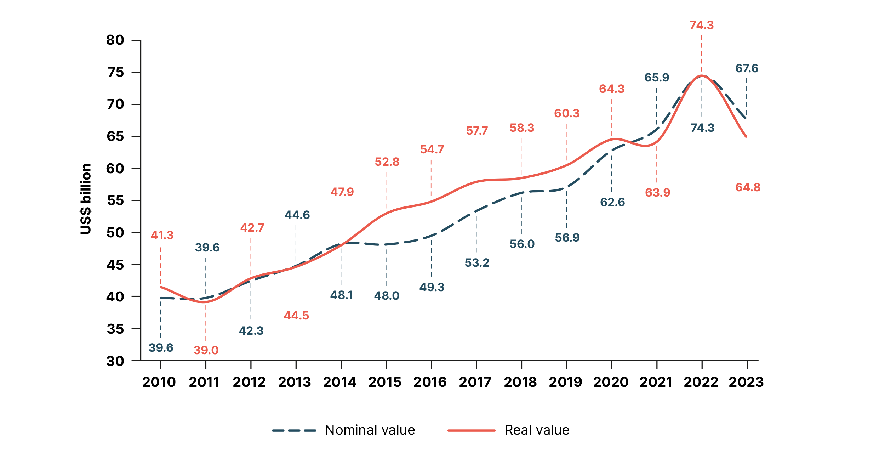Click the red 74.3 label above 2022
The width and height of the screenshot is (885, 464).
pyautogui.click(x=701, y=25)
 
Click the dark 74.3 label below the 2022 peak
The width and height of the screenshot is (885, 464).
pyautogui.click(x=702, y=128)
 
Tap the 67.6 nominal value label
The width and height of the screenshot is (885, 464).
pyautogui.click(x=747, y=68)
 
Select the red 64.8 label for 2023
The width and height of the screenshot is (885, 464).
pyautogui.click(x=748, y=187)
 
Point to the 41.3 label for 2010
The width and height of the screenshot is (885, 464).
pyautogui.click(x=162, y=235)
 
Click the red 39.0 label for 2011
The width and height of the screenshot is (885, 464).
pyautogui.click(x=206, y=350)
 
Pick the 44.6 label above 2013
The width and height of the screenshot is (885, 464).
pyautogui.click(x=297, y=215)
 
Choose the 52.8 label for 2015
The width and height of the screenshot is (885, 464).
pyautogui.click(x=387, y=162)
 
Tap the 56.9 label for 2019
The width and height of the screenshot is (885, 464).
pyautogui.click(x=567, y=237)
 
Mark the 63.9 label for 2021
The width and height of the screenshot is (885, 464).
pyautogui.click(x=657, y=192)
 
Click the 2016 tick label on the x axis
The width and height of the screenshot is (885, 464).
pyautogui.click(x=430, y=382)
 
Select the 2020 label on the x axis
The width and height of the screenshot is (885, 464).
pyautogui.click(x=611, y=382)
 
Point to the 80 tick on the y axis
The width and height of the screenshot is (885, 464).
pyautogui.click(x=115, y=40)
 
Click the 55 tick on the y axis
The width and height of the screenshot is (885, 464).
pyautogui.click(x=115, y=200)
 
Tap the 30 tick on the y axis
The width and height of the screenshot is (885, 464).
pyautogui.click(x=115, y=361)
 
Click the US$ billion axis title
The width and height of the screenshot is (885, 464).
pyautogui.click(x=86, y=199)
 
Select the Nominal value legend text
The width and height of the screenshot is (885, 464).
pyautogui.click(x=370, y=430)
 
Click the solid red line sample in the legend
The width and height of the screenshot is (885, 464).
pyautogui.click(x=471, y=430)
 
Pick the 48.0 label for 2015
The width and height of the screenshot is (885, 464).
pyautogui.click(x=387, y=295)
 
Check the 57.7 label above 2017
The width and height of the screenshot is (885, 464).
pyautogui.click(x=477, y=130)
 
